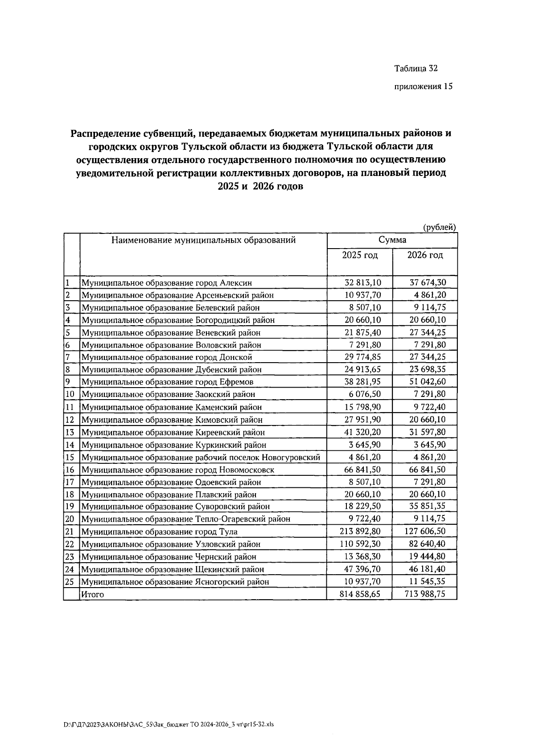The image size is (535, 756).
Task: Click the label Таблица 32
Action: pos(416,69)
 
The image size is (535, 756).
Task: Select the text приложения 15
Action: pos(423,87)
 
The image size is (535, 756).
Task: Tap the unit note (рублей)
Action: pos(439,227)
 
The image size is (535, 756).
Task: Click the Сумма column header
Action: pos(392,240)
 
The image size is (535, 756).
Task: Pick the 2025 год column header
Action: pos(360,255)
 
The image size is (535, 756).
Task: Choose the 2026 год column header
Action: pos(425,255)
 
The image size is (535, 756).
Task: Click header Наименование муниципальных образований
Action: pos(203,241)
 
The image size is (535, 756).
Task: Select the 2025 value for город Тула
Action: pos(360,531)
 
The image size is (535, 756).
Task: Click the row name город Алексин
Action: pos(166,283)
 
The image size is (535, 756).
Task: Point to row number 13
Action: pos(70,432)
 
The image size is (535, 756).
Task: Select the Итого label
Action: pos(92,594)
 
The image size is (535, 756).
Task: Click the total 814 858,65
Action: pos(360,594)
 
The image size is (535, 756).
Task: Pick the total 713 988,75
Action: pos(425,594)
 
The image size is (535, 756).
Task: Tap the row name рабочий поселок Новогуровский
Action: pos(201,457)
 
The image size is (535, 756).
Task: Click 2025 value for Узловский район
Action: pos(360,544)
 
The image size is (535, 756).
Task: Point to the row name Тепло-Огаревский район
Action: pos(185,519)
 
